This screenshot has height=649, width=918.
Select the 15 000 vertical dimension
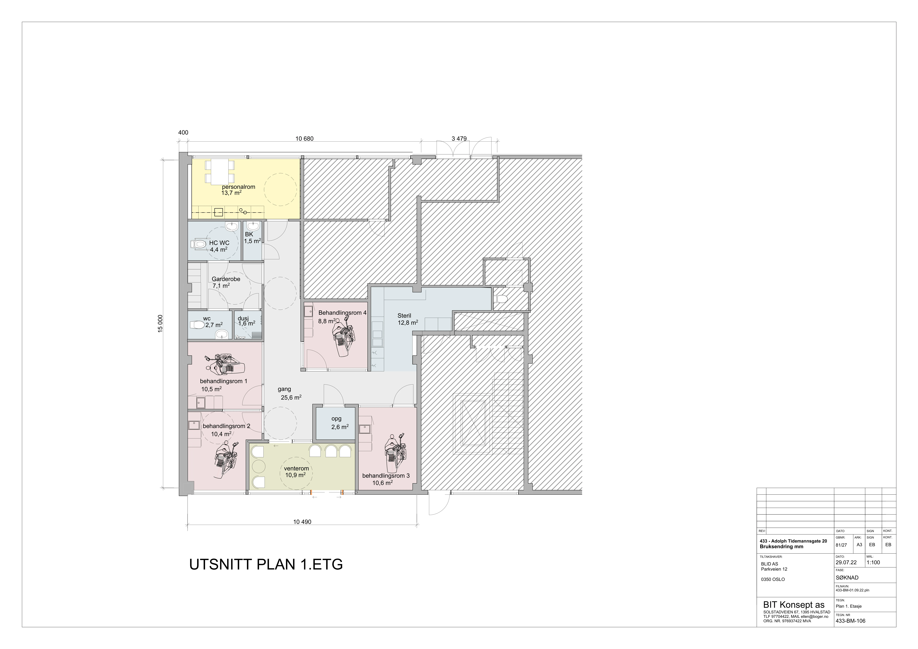160,324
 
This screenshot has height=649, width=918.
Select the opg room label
336,419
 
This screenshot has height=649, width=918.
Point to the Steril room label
404,316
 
